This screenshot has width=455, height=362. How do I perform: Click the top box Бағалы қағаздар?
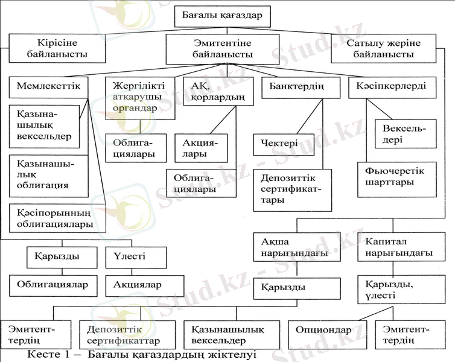[x=222, y=15]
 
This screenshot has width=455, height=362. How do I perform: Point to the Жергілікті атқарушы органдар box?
[x=140, y=97]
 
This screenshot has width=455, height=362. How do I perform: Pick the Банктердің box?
[x=293, y=87]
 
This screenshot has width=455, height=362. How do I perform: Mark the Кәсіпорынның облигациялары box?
[x=55, y=218]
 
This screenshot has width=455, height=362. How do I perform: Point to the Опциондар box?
[x=323, y=331]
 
